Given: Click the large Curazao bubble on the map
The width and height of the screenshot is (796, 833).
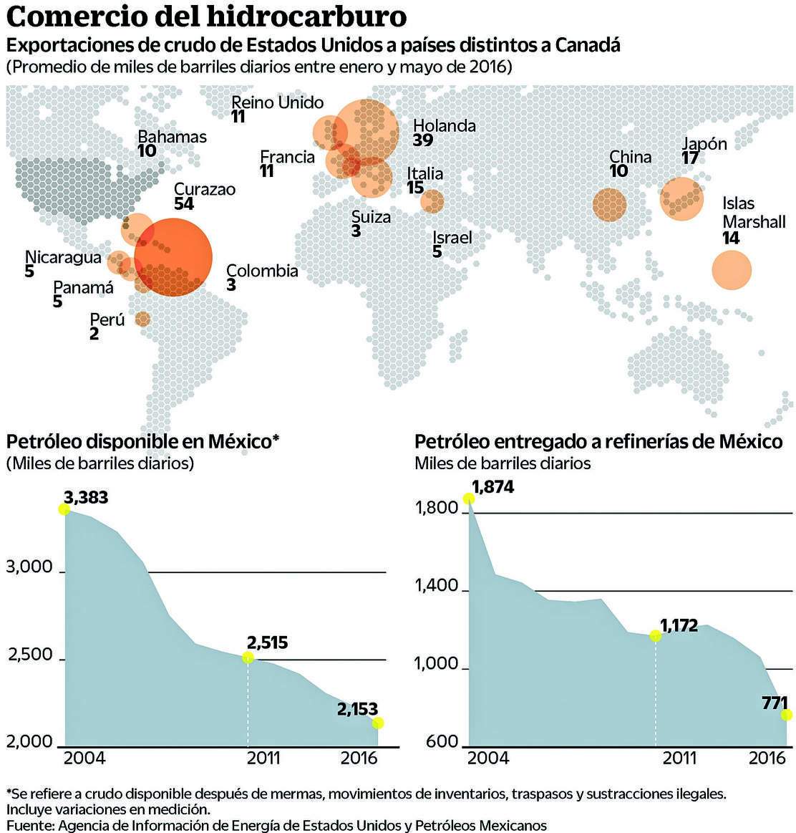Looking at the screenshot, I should pos(173,256).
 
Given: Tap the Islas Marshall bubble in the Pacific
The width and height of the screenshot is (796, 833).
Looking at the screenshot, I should pos(732,270).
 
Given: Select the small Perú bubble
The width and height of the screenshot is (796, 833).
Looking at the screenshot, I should pos(142,319).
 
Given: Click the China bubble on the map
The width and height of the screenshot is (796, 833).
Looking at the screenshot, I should pos(609,205).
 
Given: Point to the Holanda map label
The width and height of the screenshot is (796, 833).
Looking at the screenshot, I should pos(444,126).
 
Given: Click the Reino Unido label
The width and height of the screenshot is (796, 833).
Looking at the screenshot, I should pos(278,102).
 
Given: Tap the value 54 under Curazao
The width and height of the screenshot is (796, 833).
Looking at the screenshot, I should pos(183,203).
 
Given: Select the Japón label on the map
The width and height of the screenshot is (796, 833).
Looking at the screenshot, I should pos(704,143).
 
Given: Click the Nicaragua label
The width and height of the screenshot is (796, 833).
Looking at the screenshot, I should pos(63,257).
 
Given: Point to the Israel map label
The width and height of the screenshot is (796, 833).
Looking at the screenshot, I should pos(452,237).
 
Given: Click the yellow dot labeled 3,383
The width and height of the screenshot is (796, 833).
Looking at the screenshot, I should pos(64,509).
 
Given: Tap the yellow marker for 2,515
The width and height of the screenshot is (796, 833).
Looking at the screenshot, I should pos(248,658).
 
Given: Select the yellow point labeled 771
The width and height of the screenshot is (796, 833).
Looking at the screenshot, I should pos(787,715).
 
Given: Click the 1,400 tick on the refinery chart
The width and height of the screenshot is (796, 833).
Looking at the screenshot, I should pos(437,587).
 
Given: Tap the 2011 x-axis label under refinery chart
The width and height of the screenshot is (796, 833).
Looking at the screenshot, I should pos(679,758).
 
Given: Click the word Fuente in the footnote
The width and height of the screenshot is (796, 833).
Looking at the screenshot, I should pos(29,825).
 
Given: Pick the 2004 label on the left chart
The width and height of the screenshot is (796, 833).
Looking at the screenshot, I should pos(85,758).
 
